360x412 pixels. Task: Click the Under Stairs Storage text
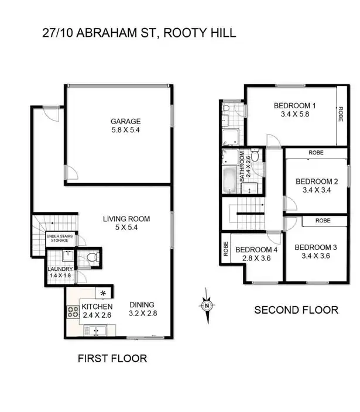click(61, 238)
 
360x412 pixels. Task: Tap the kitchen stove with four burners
click(74, 313)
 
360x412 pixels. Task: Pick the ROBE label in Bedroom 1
click(340, 116)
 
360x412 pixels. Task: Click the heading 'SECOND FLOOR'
click(296, 310)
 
